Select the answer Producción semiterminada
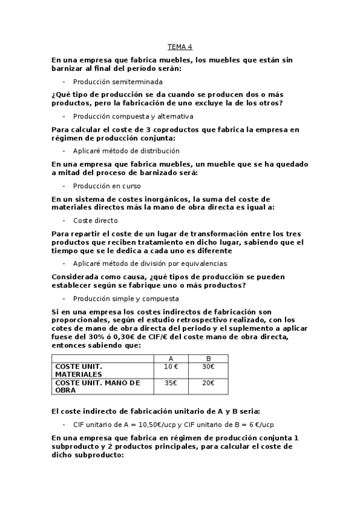click(x=117, y=81)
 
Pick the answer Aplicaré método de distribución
click(x=126, y=151)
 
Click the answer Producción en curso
click(x=106, y=186)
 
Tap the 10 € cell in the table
click(x=171, y=366)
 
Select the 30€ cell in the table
click(x=209, y=366)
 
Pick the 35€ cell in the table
click(x=171, y=382)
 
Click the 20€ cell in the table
click(x=209, y=382)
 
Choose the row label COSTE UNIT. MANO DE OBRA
click(x=97, y=386)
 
